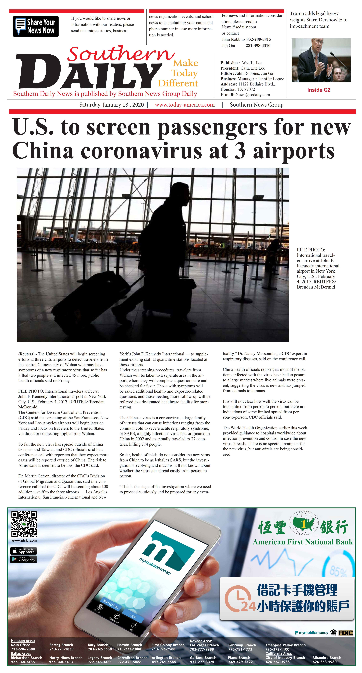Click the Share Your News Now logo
pyautogui.click(x=36, y=26)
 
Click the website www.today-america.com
pyautogui.click(x=185, y=105)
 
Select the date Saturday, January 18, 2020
pyautogui.click(x=112, y=105)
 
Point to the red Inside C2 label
pyautogui.click(x=319, y=90)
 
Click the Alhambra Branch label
pyautogui.click(x=326, y=658)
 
